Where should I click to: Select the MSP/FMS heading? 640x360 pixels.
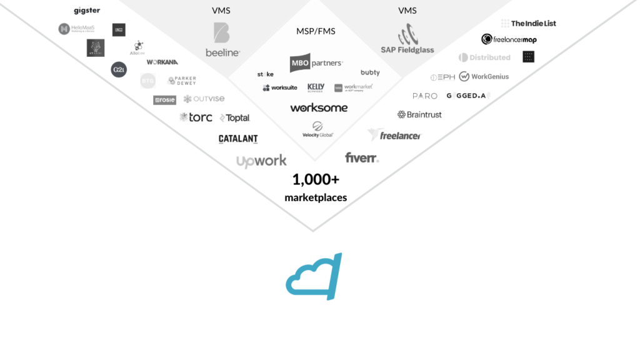(315, 31)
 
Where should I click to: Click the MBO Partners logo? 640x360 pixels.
(316, 63)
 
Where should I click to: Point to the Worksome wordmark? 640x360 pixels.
(319, 107)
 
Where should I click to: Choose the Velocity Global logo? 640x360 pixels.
(318, 129)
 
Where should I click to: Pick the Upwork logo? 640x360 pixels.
(261, 160)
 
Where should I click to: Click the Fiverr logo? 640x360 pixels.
(362, 157)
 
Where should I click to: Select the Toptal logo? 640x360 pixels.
(235, 117)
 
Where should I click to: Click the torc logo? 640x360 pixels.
(196, 117)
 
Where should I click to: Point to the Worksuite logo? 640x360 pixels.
(280, 88)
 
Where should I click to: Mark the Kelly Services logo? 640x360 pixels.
(316, 88)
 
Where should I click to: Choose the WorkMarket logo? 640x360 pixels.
(353, 88)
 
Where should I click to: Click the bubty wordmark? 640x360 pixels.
(370, 72)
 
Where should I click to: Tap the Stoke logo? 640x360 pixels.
(265, 74)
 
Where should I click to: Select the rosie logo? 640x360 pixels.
(165, 100)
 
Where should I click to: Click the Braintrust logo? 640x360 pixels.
(419, 115)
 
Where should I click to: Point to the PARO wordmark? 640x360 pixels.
(425, 96)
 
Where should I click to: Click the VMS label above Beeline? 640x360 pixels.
(221, 11)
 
